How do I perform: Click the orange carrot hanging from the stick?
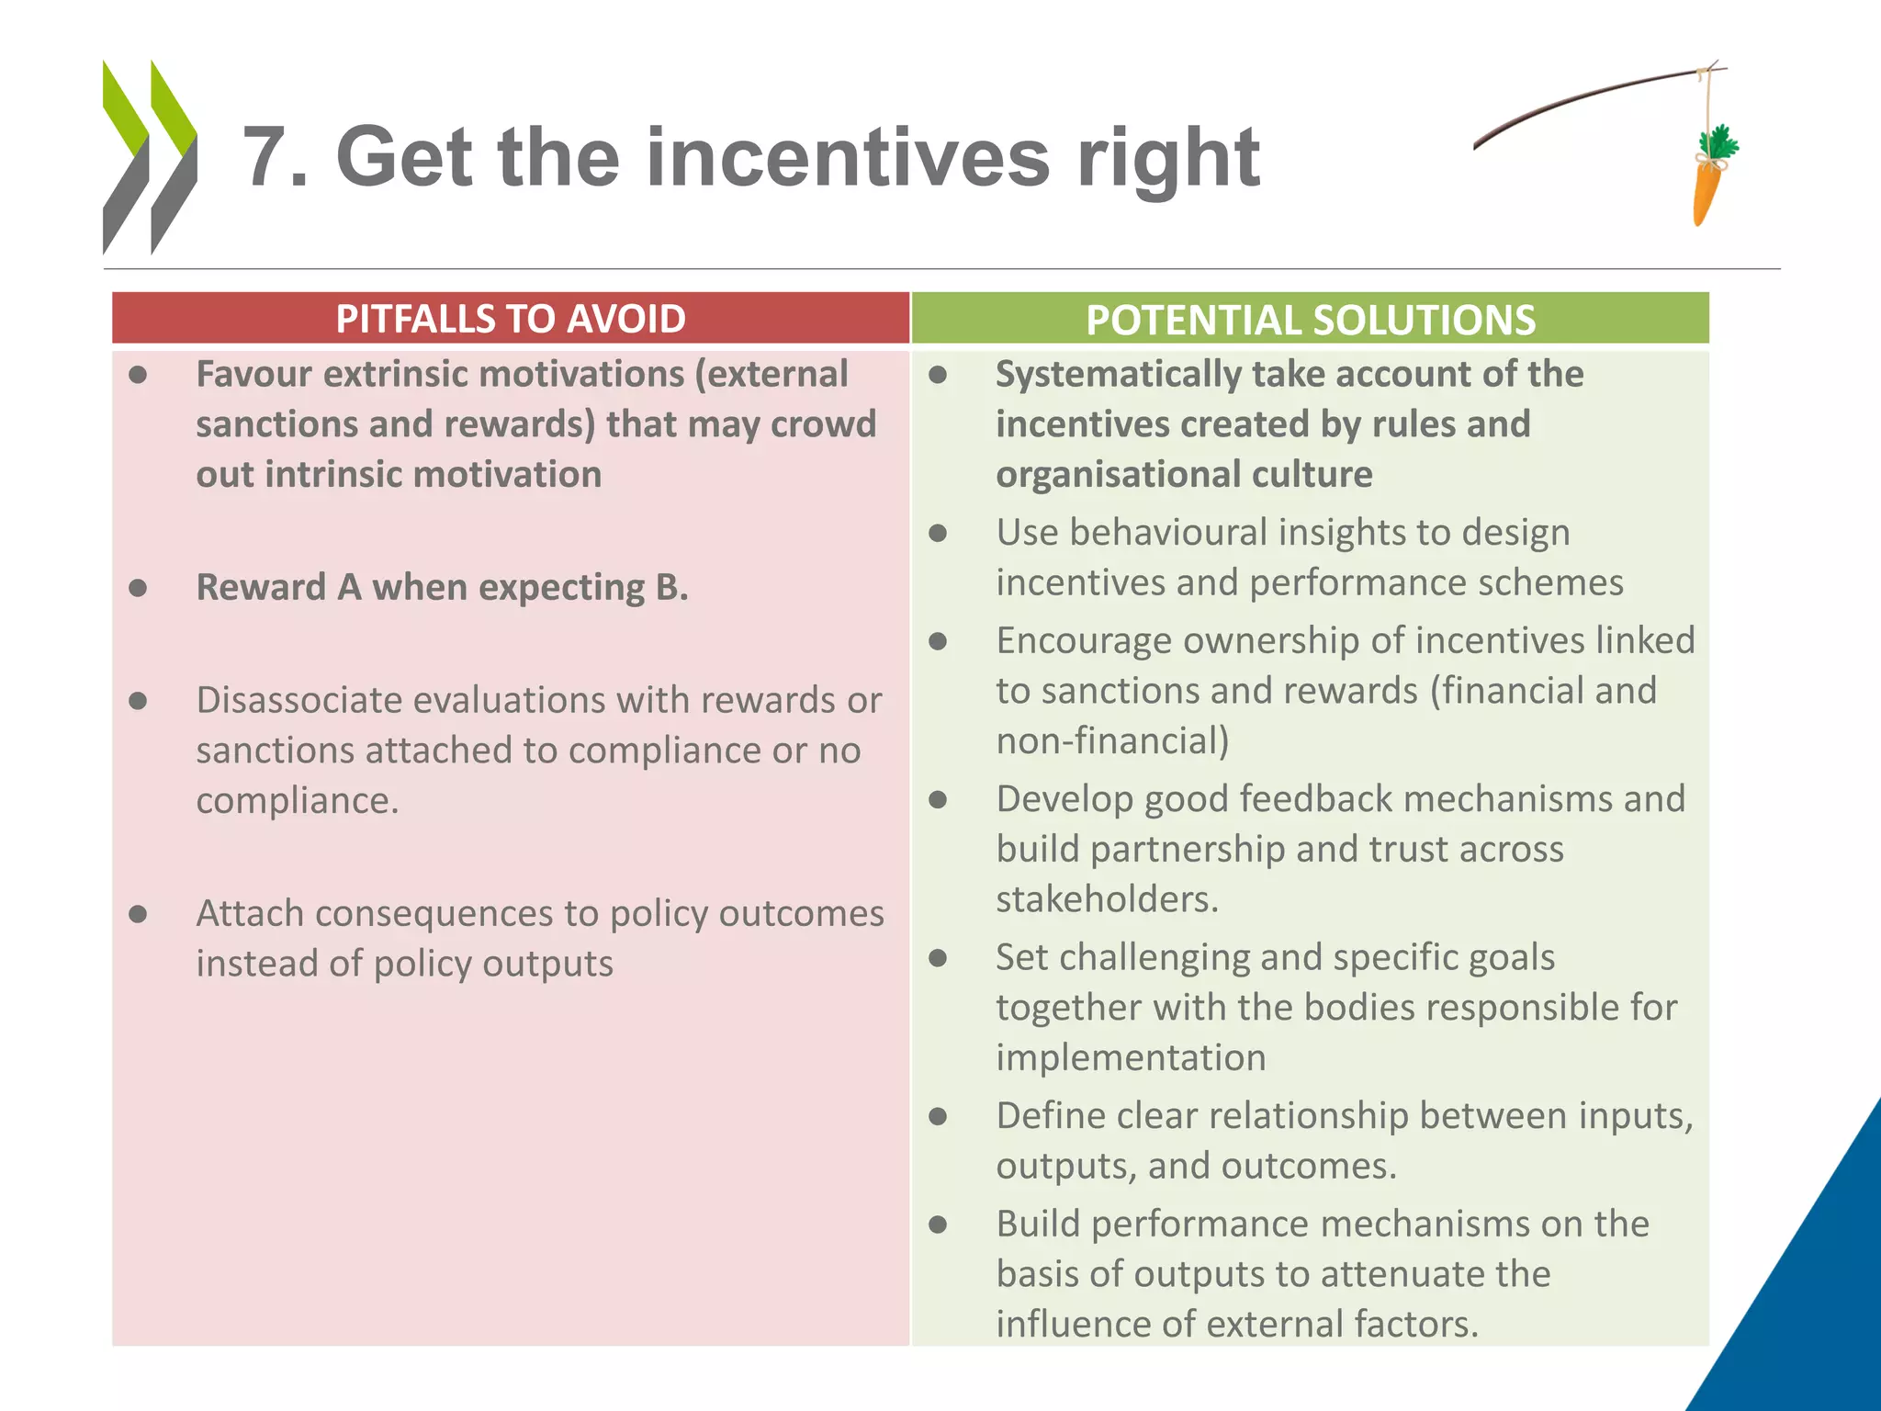pyautogui.click(x=1706, y=191)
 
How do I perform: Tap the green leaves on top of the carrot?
pyautogui.click(x=1718, y=142)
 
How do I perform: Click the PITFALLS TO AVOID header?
pyautogui.click(x=511, y=319)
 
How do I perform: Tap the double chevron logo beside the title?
pyautogui.click(x=150, y=157)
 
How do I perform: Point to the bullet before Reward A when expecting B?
pyautogui.click(x=139, y=588)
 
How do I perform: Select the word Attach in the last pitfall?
pyautogui.click(x=249, y=913)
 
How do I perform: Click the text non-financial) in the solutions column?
pyautogui.click(x=1112, y=740)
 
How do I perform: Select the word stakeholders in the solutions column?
pyautogui.click(x=1106, y=899)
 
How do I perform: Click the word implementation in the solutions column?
pyautogui.click(x=1131, y=1058)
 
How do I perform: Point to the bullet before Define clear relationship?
pyautogui.click(x=938, y=1116)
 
